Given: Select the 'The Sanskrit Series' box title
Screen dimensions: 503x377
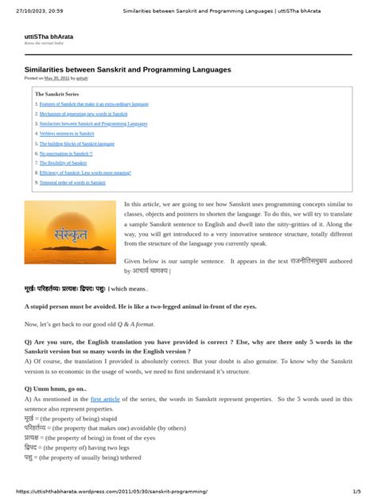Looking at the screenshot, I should click(x=56, y=94).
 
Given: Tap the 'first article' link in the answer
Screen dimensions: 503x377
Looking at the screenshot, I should click(x=106, y=398).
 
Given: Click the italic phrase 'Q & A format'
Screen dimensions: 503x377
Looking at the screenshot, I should click(x=130, y=325).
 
